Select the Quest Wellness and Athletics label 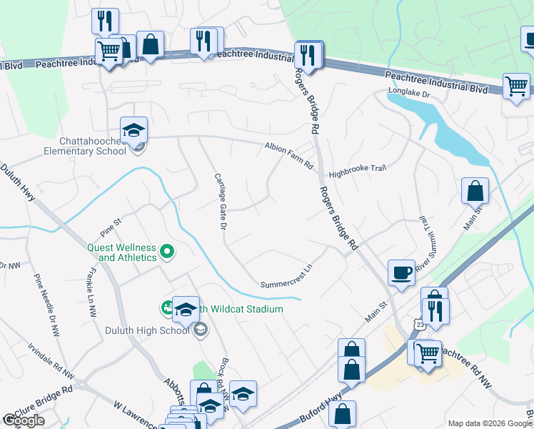(121, 252)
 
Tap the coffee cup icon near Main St (401, 272)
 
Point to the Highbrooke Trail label (357, 172)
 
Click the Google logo (24, 420)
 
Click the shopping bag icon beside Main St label (475, 192)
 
